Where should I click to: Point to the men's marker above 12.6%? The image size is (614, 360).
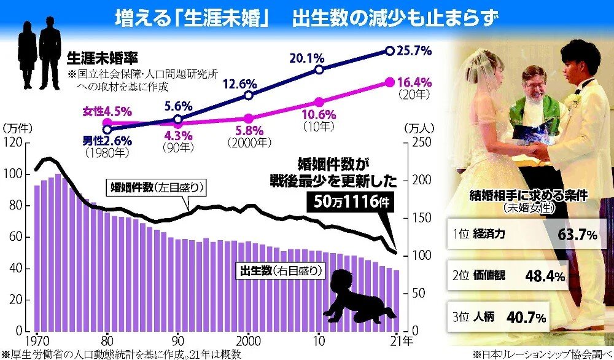point(248,96)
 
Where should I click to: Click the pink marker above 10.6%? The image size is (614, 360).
point(319,102)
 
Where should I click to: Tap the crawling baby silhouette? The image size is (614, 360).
point(359,297)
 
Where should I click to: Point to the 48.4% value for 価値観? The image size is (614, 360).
point(545,276)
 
